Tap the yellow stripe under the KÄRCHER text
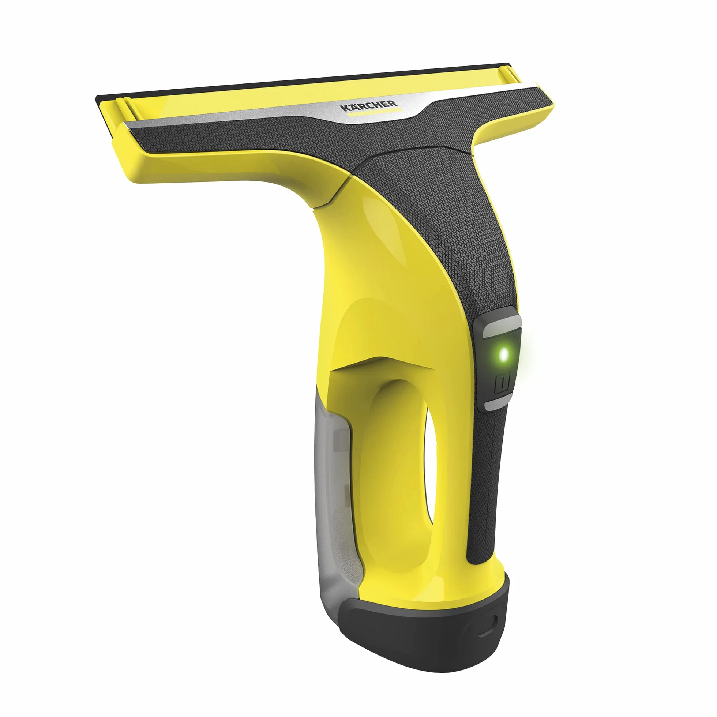tap(374, 112)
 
